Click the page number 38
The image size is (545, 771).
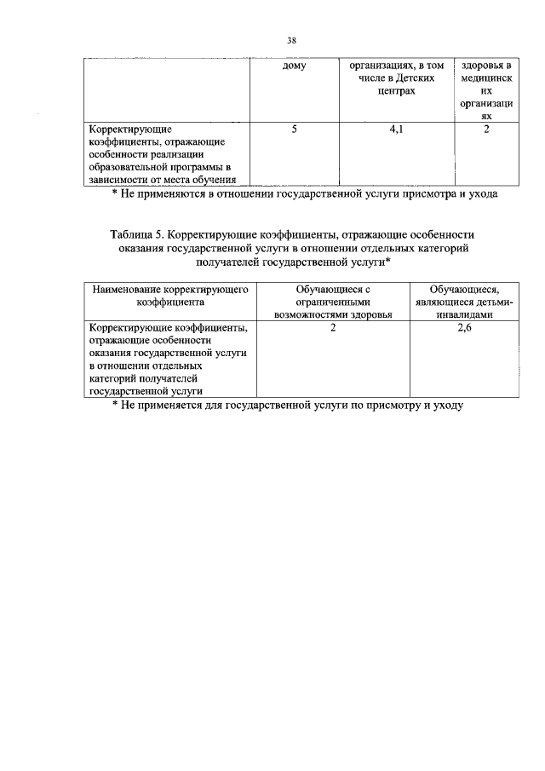(x=291, y=40)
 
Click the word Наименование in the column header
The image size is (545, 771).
(x=129, y=289)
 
